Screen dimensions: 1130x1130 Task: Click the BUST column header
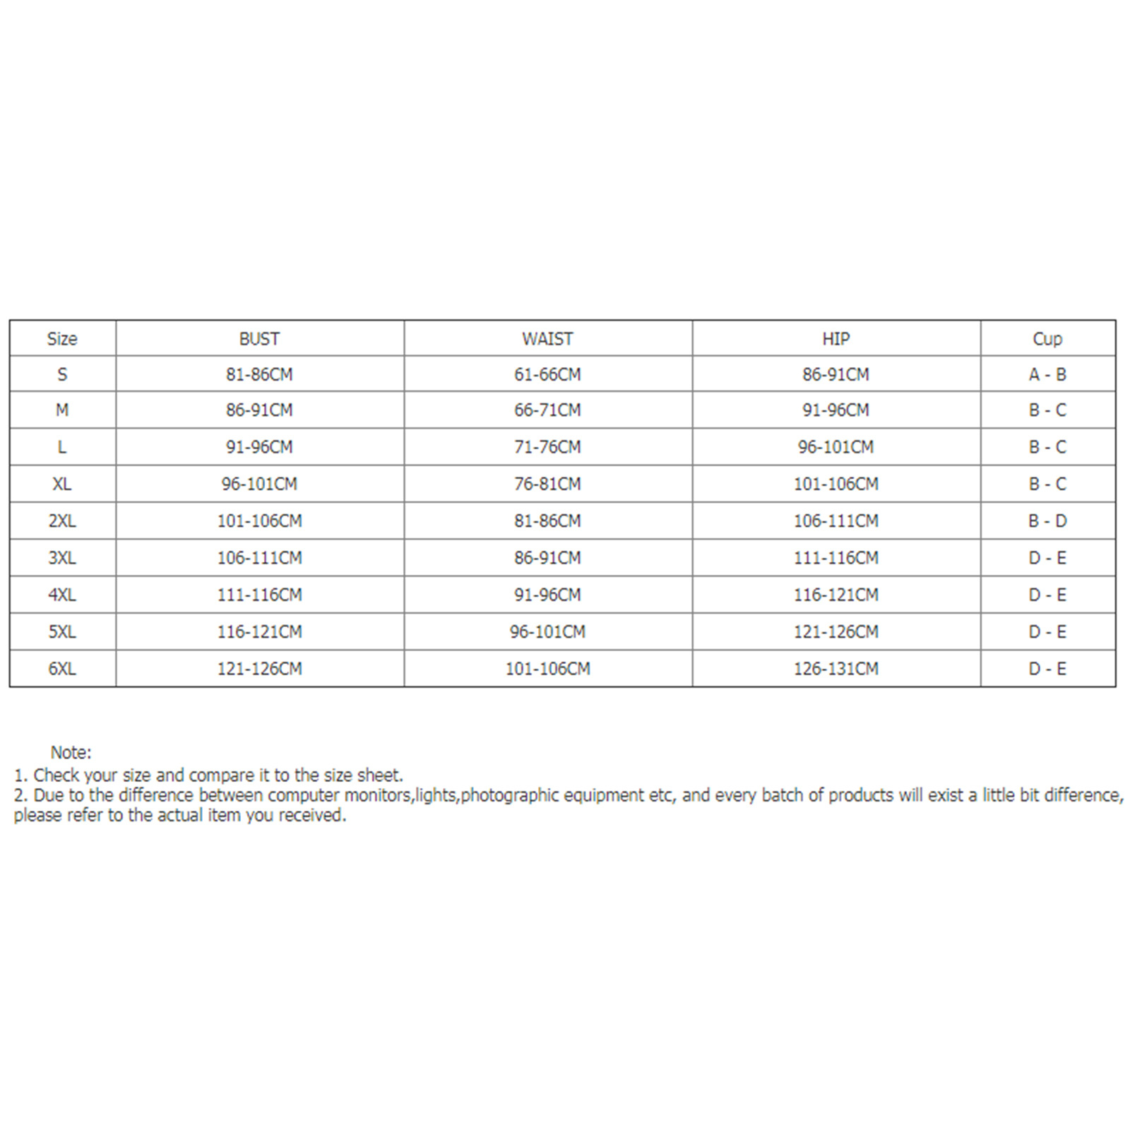point(259,339)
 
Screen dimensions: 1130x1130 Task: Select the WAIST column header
point(547,339)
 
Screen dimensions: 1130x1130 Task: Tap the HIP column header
point(835,339)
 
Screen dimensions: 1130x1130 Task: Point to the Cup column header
point(1047,339)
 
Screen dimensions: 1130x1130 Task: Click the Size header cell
point(62,339)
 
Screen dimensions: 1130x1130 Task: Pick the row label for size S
point(62,374)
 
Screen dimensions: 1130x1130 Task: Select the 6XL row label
point(62,668)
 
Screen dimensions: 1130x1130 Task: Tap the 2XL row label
point(62,521)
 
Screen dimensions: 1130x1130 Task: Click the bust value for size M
point(259,410)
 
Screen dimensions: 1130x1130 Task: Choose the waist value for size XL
point(547,484)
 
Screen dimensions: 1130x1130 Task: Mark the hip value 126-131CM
point(835,668)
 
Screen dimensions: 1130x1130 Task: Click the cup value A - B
point(1047,374)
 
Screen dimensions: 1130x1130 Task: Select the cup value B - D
point(1047,521)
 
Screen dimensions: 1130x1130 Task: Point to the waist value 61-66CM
point(547,374)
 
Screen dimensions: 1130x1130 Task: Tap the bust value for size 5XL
point(259,631)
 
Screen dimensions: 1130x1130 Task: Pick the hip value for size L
point(835,447)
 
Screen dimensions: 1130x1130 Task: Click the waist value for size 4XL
point(547,595)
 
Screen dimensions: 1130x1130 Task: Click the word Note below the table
point(70,753)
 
